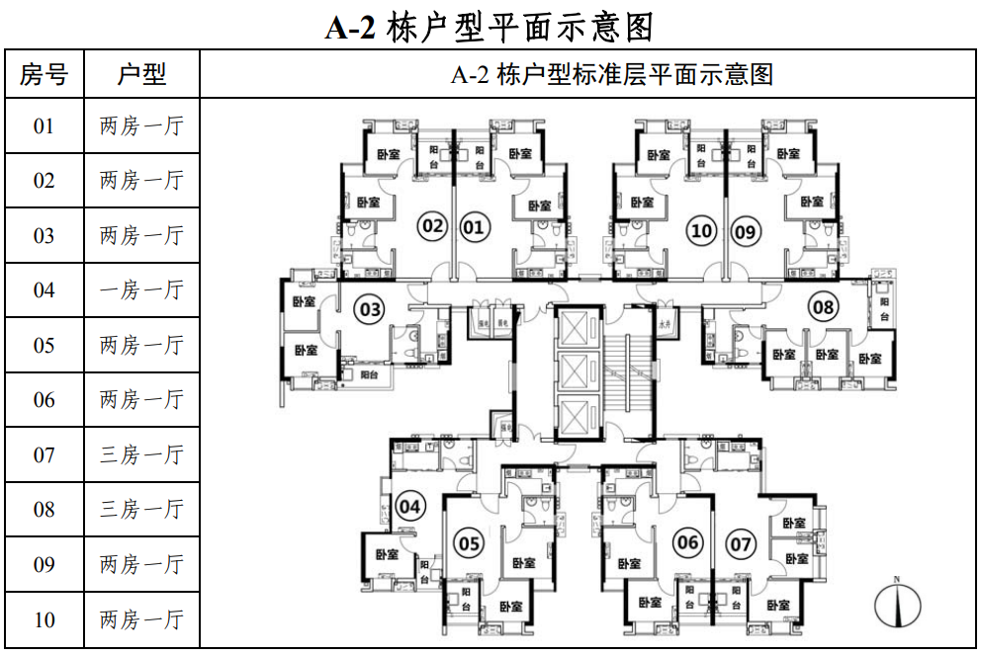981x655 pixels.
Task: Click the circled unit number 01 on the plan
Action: coord(474,228)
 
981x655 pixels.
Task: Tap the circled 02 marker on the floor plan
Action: coord(432,226)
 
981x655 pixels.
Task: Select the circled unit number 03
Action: coord(370,310)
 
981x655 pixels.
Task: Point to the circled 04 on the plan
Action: coord(409,508)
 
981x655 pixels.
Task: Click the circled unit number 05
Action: coord(470,542)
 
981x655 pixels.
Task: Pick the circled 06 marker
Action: coord(687,541)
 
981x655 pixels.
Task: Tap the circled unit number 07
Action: coord(740,543)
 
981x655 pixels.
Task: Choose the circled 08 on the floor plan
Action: coord(824,306)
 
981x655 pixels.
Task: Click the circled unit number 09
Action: coord(745,231)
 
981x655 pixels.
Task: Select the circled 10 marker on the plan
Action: coord(701,231)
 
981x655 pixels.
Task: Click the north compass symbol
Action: coord(897,604)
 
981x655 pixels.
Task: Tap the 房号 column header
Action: coord(44,74)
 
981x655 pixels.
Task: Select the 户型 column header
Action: coord(141,74)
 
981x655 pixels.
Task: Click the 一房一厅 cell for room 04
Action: coord(141,290)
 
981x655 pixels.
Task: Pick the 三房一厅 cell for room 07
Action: coord(141,455)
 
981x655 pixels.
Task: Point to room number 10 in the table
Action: coord(44,620)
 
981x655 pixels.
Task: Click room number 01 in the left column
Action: coord(44,126)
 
